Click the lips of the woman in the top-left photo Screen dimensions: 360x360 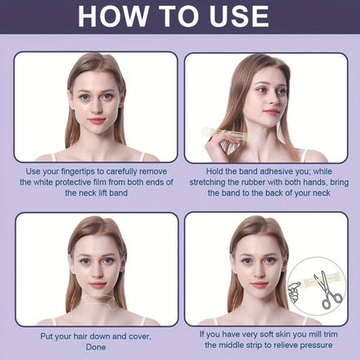point(95,119)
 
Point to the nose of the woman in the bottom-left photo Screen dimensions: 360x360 point(96,272)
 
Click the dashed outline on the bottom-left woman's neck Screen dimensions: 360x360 point(95,303)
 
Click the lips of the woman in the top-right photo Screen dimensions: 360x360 point(272,112)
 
